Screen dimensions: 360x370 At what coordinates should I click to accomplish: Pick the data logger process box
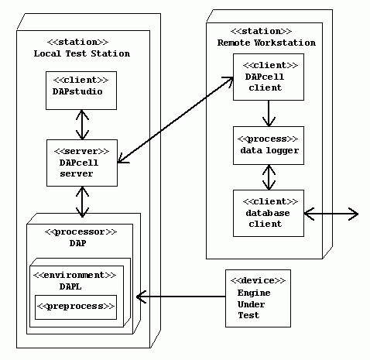(269, 145)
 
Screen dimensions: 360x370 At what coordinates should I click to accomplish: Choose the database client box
(269, 213)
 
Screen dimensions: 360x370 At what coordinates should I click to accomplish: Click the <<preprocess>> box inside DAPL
(76, 307)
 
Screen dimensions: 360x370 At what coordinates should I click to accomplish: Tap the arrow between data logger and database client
(269, 177)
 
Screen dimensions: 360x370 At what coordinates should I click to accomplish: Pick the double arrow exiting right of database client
(331, 213)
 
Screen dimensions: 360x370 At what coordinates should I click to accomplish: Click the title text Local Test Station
(82, 53)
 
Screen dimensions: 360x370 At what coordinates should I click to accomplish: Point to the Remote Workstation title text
(266, 43)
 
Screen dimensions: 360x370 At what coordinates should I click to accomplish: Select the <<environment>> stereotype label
(76, 274)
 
